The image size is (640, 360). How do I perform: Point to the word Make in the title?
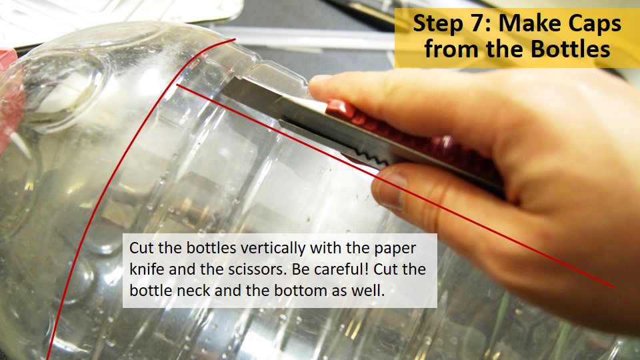[x=527, y=24]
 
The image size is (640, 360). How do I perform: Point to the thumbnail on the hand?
[x=393, y=190]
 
